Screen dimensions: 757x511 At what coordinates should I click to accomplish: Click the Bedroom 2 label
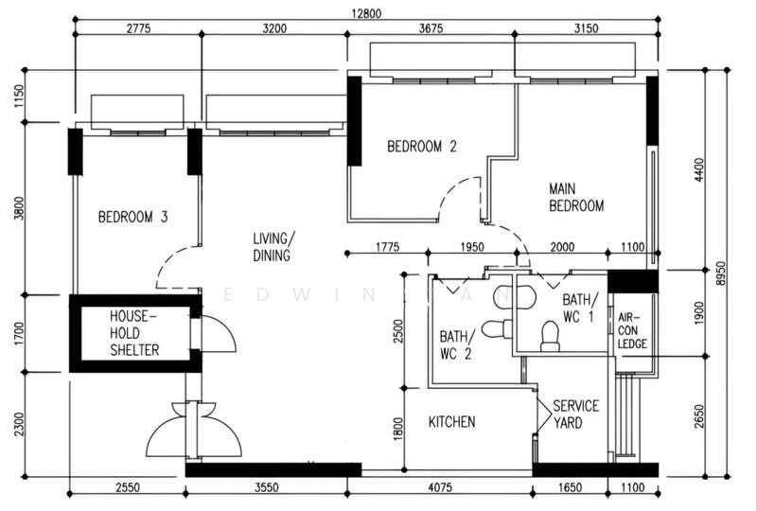point(421,147)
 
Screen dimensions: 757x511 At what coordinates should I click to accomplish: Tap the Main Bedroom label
point(576,197)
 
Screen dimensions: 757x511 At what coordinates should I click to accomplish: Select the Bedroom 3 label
point(132,217)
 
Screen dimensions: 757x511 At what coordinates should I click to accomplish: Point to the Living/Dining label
point(273,247)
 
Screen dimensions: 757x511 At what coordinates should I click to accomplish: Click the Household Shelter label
point(134,333)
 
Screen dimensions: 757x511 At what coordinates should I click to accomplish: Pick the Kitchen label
point(452,422)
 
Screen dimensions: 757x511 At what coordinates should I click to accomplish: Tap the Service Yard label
point(575,414)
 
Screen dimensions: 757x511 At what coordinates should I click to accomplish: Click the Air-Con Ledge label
point(631,331)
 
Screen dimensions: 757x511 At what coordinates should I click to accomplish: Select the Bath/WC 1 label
point(580,308)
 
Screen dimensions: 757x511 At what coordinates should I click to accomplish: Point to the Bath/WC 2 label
point(456,344)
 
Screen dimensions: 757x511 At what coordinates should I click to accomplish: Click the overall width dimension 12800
point(366,13)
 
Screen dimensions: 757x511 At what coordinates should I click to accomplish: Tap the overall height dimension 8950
point(721,273)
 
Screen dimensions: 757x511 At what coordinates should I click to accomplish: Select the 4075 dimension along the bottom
point(440,487)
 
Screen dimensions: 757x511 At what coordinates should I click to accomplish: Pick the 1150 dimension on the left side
point(19,97)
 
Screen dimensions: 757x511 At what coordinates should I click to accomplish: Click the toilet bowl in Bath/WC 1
point(550,336)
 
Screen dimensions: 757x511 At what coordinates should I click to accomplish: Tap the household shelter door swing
point(219,334)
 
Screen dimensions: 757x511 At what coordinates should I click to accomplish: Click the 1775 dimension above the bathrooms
point(388,247)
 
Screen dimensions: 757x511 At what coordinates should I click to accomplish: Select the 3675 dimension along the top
point(431,28)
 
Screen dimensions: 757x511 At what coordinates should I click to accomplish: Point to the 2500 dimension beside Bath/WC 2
point(397,331)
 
